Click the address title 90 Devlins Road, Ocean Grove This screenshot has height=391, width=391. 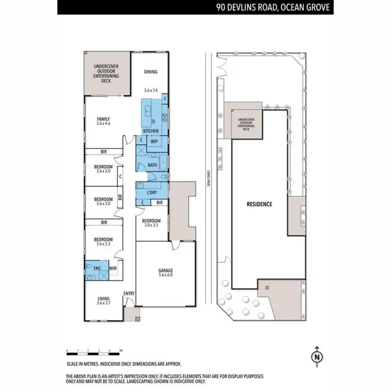pyautogui.click(x=273, y=8)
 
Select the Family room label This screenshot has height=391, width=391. pyautogui.click(x=103, y=119)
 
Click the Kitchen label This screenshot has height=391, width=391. pyautogui.click(x=151, y=131)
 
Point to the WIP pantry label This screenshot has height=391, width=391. pyautogui.click(x=154, y=141)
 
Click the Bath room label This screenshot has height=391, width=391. pyautogui.click(x=152, y=165)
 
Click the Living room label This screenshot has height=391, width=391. pyautogui.click(x=103, y=299)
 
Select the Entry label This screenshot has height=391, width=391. pyautogui.click(x=129, y=294)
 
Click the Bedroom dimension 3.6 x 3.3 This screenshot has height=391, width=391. pyautogui.click(x=103, y=244)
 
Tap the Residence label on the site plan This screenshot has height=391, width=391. pyautogui.click(x=259, y=204)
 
